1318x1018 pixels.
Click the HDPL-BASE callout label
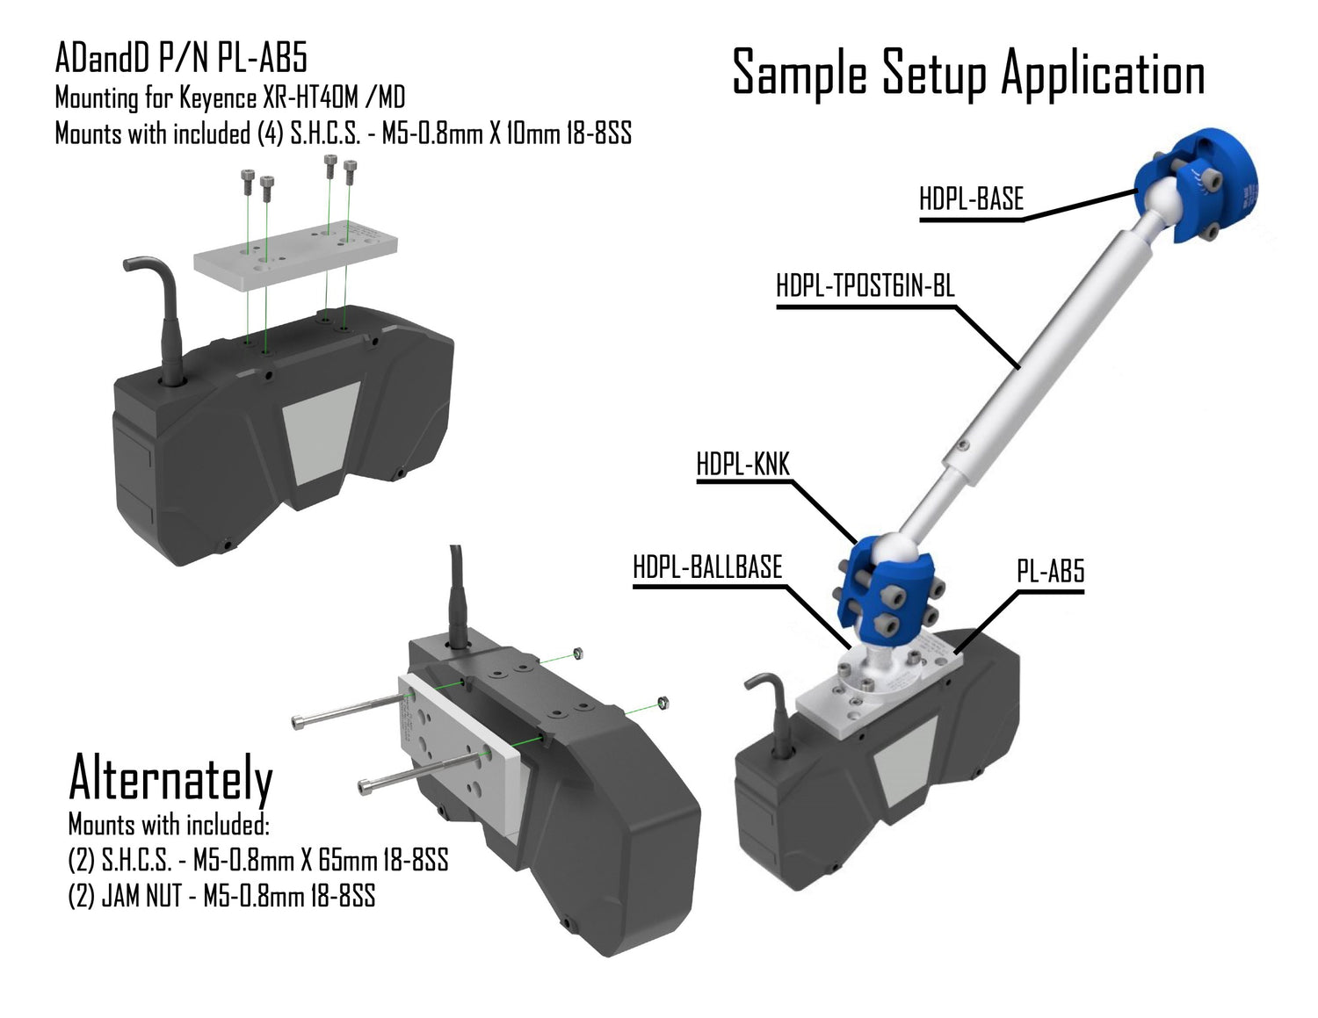pyautogui.click(x=971, y=199)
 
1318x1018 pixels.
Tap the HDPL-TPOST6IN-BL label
pyautogui.click(x=865, y=285)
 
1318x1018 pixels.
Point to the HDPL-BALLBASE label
pyautogui.click(x=707, y=567)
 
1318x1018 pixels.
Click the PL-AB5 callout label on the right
pyautogui.click(x=1050, y=572)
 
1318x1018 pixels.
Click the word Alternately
pyautogui.click(x=170, y=778)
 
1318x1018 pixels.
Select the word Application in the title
pyautogui.click(x=1103, y=75)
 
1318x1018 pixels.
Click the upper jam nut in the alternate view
pyautogui.click(x=576, y=653)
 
